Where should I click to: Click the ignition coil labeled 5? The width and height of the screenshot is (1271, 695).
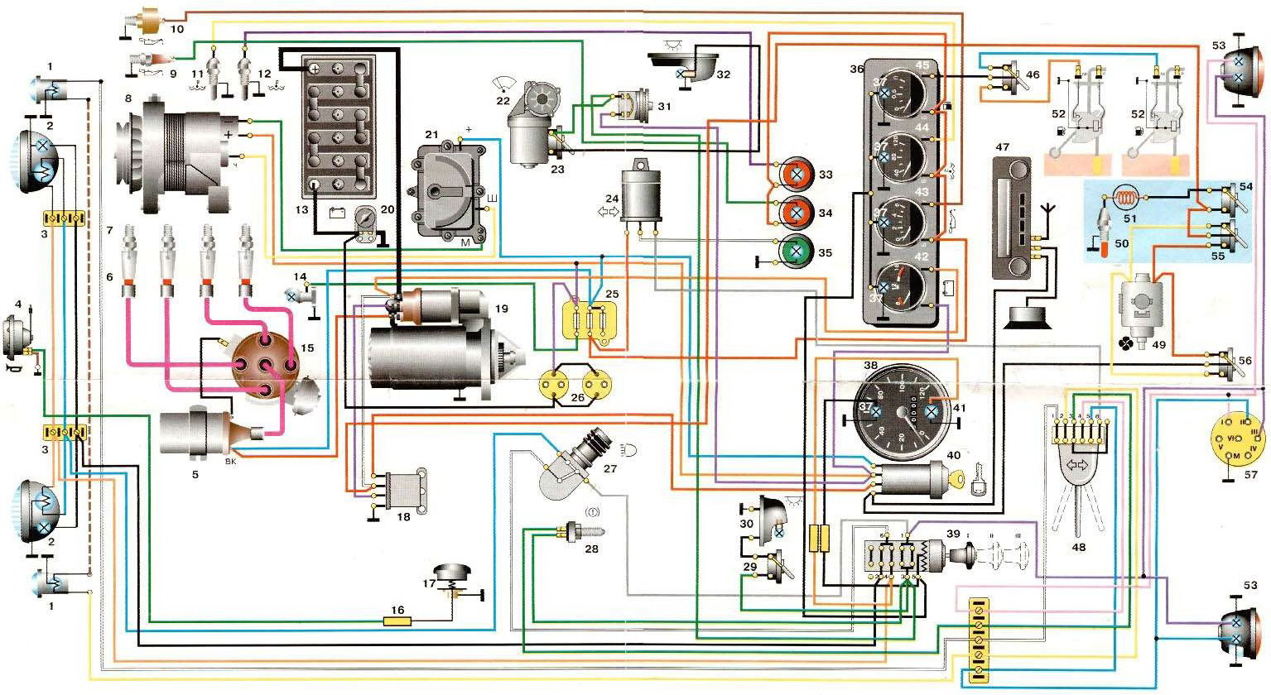click(199, 430)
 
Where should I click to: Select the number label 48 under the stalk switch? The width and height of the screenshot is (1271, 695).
click(1077, 547)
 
